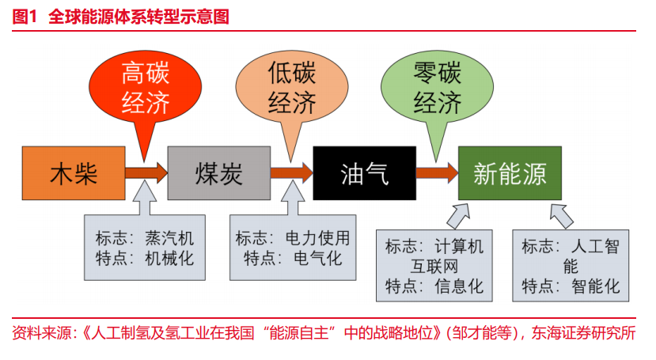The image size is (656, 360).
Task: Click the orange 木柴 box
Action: click(x=74, y=173)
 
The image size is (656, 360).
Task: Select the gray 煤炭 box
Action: click(x=219, y=173)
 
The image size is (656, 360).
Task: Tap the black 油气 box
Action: click(x=364, y=173)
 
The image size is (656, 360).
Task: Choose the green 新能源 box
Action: click(x=510, y=173)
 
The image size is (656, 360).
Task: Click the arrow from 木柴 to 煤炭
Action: click(x=146, y=172)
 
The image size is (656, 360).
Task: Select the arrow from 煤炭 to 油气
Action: click(x=292, y=172)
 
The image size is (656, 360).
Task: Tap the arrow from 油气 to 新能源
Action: click(x=437, y=172)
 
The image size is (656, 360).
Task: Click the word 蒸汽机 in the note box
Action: click(x=169, y=238)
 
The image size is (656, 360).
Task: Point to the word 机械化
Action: click(x=169, y=259)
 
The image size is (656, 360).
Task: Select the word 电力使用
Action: click(x=317, y=238)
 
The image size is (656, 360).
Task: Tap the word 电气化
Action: click(x=318, y=259)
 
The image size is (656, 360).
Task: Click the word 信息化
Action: click(x=459, y=286)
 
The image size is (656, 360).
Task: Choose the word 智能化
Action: click(x=596, y=286)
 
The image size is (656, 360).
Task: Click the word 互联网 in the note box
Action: click(x=434, y=267)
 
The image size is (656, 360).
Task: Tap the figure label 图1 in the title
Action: click(x=25, y=17)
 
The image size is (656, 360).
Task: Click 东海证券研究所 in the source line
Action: click(x=584, y=333)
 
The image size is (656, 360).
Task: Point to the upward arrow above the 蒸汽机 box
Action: click(x=145, y=198)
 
